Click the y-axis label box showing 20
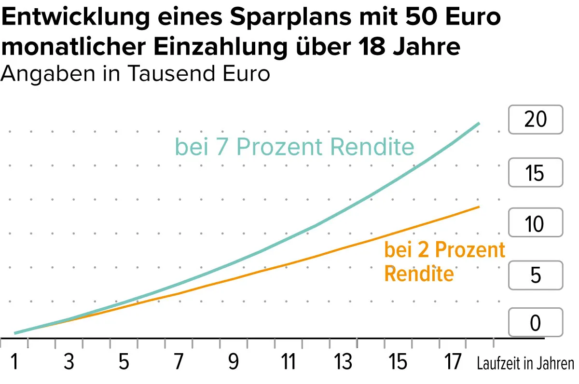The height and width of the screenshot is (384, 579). point(536,119)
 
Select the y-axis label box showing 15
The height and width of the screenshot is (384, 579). point(536,172)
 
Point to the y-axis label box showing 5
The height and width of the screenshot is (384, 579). point(536,274)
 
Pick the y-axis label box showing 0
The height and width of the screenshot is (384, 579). point(536,322)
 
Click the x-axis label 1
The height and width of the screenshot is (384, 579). point(14,362)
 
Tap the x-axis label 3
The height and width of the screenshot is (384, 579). point(69,362)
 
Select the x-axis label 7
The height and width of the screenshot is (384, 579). point(179,362)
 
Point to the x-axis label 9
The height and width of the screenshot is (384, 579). point(234,362)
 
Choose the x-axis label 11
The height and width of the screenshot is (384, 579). point(288,362)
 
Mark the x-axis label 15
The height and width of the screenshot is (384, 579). point(398,362)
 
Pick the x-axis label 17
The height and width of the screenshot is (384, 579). point(453,362)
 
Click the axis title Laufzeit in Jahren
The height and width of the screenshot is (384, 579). point(525,363)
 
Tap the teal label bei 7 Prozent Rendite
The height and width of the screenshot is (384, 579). point(294,147)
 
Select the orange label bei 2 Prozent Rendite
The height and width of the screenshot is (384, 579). point(444,262)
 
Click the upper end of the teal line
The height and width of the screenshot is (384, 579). point(479,123)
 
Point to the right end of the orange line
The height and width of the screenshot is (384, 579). point(479,207)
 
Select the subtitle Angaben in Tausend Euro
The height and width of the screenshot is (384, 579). point(136,74)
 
